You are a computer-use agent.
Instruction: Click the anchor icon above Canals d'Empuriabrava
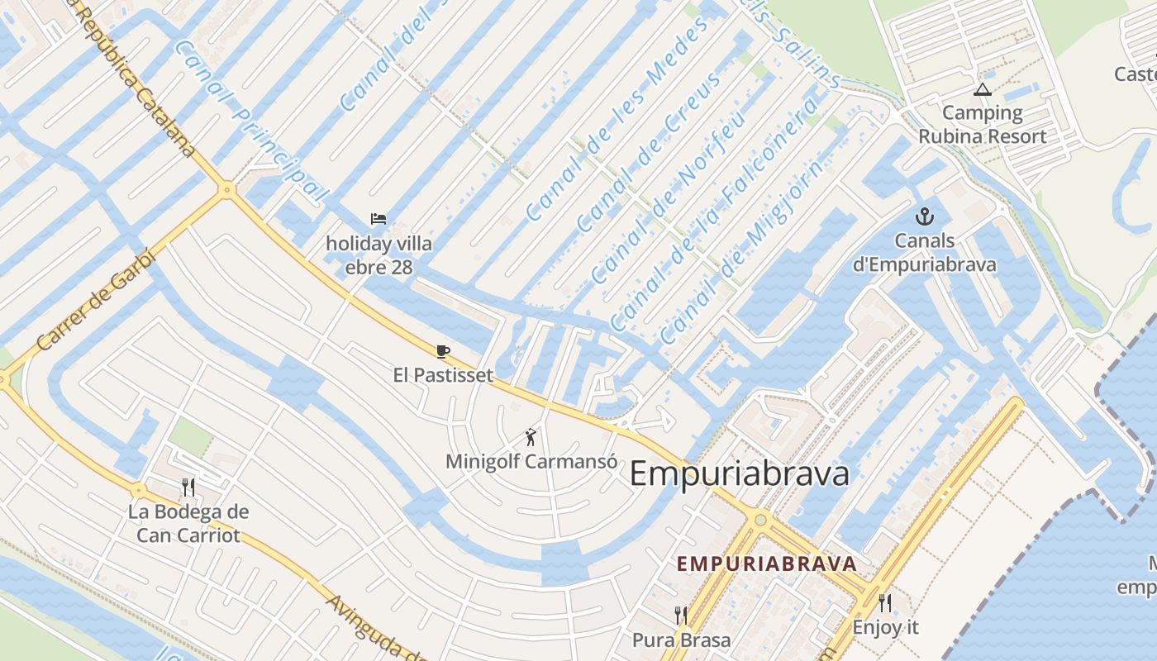point(924,217)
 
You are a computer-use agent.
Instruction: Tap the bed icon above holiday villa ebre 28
point(379,219)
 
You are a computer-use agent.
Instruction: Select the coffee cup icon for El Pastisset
point(443,351)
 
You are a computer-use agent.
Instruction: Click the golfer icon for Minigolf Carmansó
point(531,437)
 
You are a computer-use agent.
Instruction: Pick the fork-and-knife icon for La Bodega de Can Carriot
point(188,487)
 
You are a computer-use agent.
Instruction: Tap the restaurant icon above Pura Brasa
point(681,615)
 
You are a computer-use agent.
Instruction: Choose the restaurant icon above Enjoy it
point(885,603)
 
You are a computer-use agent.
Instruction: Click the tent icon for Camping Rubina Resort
point(982,89)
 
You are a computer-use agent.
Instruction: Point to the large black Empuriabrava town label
point(740,474)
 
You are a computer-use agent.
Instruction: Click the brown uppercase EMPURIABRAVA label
point(766,564)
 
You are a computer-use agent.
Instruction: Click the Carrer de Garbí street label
point(96,298)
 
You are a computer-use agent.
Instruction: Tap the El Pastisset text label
point(443,375)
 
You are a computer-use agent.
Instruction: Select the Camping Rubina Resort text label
point(982,125)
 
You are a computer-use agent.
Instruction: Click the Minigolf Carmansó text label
point(531,461)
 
